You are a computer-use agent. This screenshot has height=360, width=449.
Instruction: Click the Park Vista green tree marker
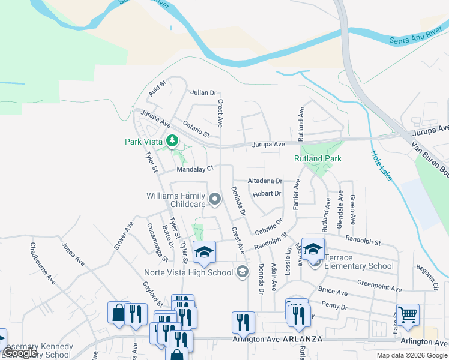(x=173, y=141)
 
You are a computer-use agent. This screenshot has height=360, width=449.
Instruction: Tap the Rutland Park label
(x=318, y=158)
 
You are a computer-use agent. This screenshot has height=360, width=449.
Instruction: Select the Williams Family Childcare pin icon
(x=214, y=197)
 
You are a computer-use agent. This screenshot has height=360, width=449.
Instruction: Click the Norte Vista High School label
(x=188, y=272)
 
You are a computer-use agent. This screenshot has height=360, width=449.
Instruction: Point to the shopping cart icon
(x=408, y=314)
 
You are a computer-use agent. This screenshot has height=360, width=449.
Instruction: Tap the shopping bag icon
(x=118, y=313)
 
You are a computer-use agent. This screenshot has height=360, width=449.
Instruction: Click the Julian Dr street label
(x=203, y=92)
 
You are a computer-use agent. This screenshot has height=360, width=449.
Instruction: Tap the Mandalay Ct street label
(x=195, y=170)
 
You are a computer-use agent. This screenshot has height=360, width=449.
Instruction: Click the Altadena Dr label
(x=265, y=181)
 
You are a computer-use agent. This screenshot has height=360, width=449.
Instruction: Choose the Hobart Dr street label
(x=267, y=193)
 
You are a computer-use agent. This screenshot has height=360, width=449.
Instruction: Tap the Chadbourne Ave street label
(x=43, y=263)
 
